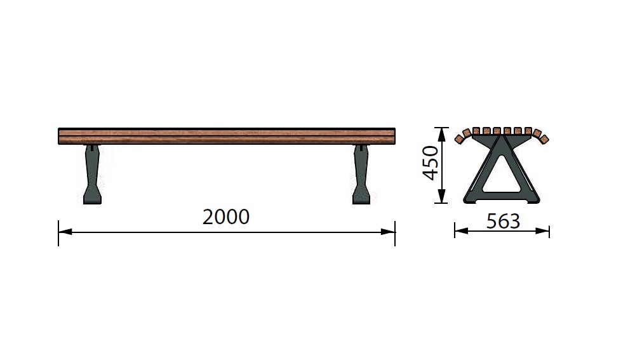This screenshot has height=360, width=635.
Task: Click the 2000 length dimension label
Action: click(x=226, y=217)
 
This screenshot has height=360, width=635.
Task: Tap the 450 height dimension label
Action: click(x=430, y=163)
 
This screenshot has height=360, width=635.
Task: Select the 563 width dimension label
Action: click(x=503, y=221)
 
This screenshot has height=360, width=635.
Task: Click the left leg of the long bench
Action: click(x=92, y=174)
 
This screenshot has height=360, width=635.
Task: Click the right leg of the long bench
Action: click(x=361, y=174)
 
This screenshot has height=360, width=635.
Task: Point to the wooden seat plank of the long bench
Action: click(x=227, y=136)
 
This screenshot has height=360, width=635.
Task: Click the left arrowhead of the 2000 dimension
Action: click(x=65, y=232)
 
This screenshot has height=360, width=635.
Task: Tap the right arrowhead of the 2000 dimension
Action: click(x=388, y=232)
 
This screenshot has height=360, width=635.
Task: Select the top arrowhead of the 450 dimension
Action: click(x=442, y=134)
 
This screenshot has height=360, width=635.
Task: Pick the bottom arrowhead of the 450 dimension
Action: click(x=442, y=196)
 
